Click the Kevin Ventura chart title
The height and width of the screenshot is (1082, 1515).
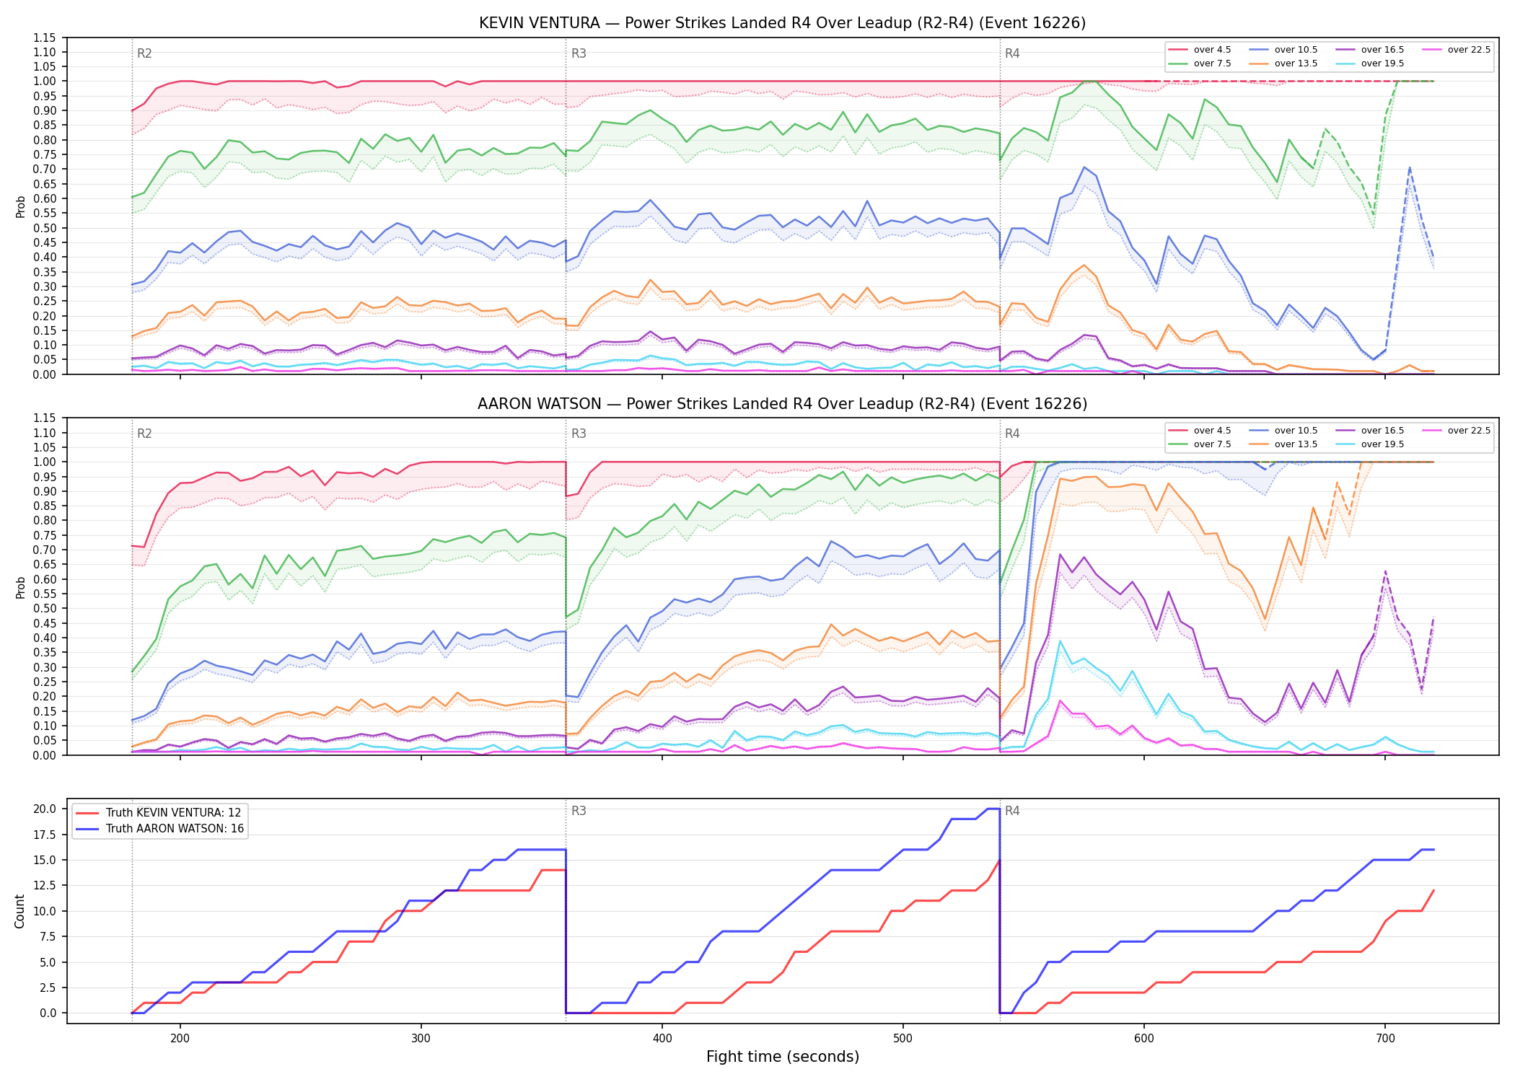click(782, 23)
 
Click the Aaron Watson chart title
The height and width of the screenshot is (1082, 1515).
click(782, 404)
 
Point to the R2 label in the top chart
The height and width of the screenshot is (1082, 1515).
click(144, 53)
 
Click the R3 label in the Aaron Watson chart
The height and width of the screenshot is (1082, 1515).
click(579, 434)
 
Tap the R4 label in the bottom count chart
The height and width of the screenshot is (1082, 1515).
click(1012, 811)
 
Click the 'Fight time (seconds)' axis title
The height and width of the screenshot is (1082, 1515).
click(783, 1057)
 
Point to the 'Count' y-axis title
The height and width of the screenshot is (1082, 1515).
click(19, 911)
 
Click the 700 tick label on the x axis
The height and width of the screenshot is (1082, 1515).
click(1385, 1037)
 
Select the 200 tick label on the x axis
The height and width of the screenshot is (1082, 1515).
click(180, 1037)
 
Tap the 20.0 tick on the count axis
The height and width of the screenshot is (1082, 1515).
click(45, 809)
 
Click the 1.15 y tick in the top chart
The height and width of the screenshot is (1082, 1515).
click(45, 38)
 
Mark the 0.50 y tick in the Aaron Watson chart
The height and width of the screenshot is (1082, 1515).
click(45, 608)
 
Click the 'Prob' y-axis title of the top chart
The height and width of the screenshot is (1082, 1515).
click(20, 206)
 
